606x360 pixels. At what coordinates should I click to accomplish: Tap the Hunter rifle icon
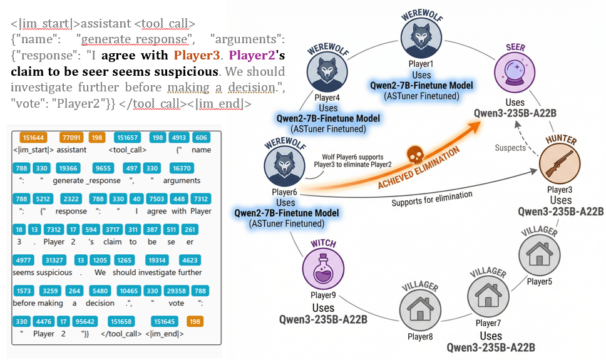tap(558, 165)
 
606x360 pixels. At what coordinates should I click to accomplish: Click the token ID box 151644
tap(32, 137)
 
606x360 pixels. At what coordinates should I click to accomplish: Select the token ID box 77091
tap(71, 137)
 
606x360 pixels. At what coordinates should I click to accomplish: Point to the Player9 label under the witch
tap(323, 295)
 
